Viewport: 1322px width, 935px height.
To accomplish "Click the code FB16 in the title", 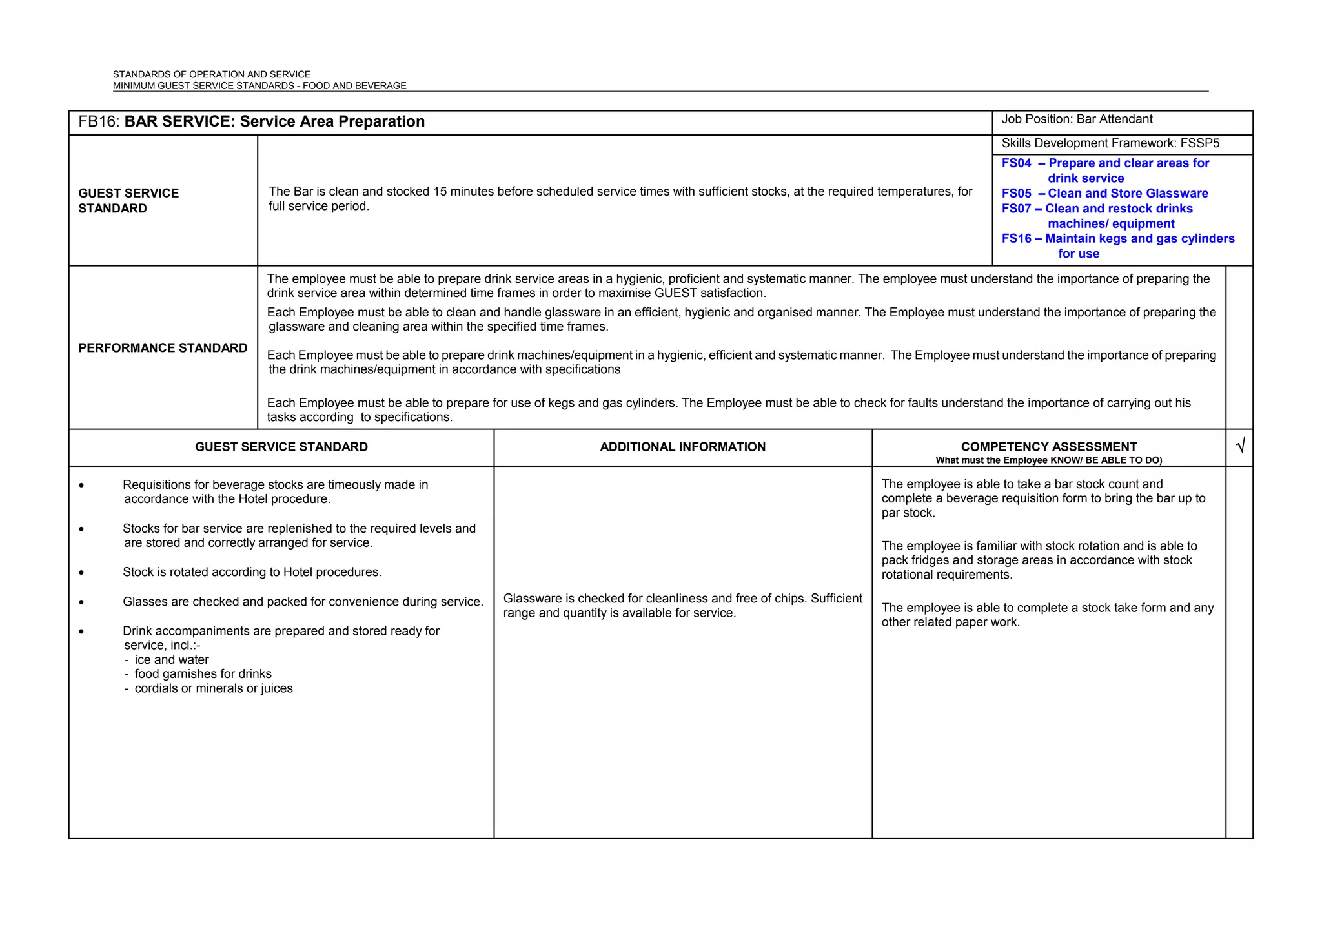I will pyautogui.click(x=97, y=122).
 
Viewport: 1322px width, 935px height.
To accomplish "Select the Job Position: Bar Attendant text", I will pyautogui.click(x=1077, y=119).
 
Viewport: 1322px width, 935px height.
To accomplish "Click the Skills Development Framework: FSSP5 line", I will pyautogui.click(x=1110, y=143).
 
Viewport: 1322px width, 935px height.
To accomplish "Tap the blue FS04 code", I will pyautogui.click(x=1017, y=163).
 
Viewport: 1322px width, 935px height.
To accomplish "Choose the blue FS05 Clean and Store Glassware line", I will pyautogui.click(x=1104, y=194).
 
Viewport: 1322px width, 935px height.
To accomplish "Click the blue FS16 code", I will pyautogui.click(x=1017, y=239).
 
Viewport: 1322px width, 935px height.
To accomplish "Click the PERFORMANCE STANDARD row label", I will pyautogui.click(x=163, y=348).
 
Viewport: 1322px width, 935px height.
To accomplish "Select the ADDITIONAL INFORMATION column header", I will pyautogui.click(x=682, y=447).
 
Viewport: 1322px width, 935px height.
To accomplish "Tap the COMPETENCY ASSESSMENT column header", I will pyautogui.click(x=1048, y=447).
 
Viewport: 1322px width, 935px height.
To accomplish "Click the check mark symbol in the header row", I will pyautogui.click(x=1239, y=446).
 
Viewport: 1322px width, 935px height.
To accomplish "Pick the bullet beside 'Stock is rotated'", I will pyautogui.click(x=81, y=573).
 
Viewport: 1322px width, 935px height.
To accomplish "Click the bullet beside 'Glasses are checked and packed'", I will pyautogui.click(x=81, y=602).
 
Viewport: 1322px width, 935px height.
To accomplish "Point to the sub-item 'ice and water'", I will pyautogui.click(x=171, y=660).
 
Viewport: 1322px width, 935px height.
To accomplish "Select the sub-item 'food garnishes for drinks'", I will pyautogui.click(x=203, y=674).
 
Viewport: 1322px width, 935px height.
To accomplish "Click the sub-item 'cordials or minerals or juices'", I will pyautogui.click(x=213, y=688).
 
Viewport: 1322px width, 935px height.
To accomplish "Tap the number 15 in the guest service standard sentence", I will pyautogui.click(x=440, y=192).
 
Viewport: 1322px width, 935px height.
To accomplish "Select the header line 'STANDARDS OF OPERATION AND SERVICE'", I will pyautogui.click(x=212, y=75).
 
